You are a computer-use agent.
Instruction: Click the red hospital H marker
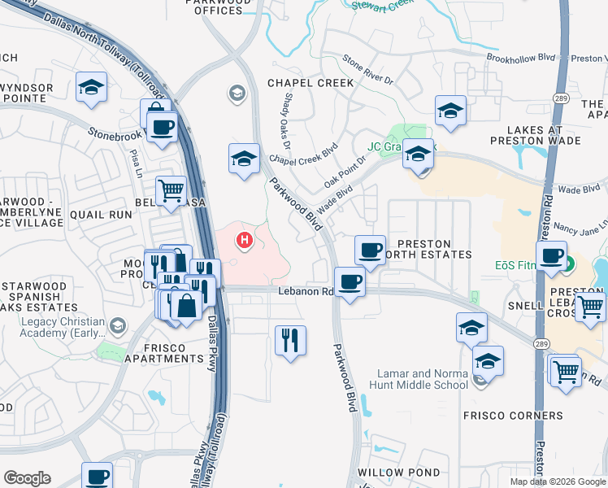243,240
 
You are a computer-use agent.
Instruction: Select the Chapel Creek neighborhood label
311,83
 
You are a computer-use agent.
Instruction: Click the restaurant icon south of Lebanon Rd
290,340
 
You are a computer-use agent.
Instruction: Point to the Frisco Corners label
513,416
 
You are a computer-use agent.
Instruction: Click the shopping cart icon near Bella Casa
171,192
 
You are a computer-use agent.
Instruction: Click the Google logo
27,478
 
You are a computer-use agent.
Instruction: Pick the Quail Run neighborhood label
102,215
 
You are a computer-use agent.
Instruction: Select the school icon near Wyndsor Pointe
92,87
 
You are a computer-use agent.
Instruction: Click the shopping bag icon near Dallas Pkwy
186,307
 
